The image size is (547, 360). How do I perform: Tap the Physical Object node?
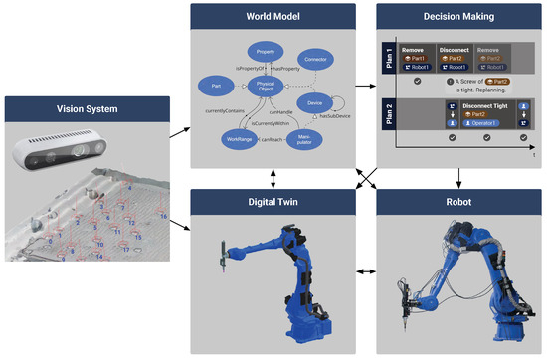[x=265, y=87]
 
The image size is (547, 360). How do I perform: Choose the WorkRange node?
[x=230, y=141]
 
